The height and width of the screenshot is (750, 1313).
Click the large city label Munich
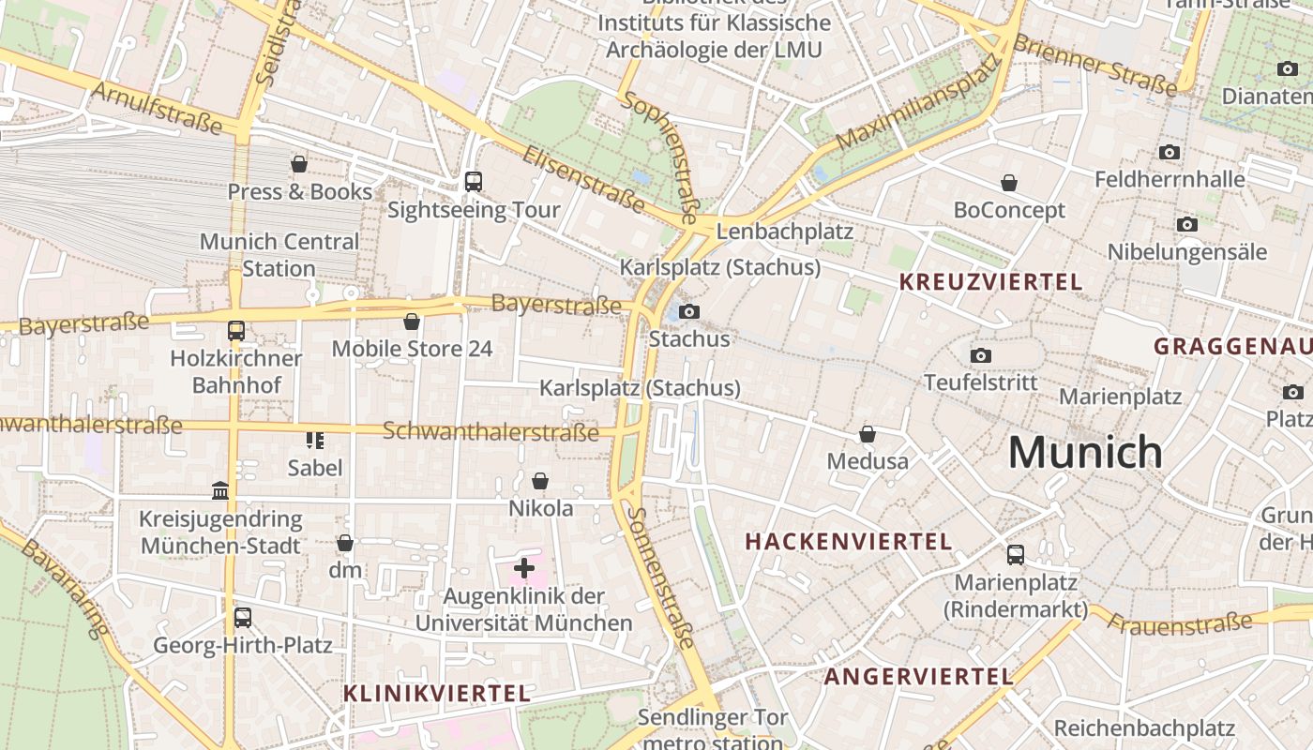pyautogui.click(x=1085, y=453)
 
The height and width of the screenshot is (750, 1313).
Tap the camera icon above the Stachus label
pyautogui.click(x=689, y=311)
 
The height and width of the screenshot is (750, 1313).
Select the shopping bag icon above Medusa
pyautogui.click(x=868, y=434)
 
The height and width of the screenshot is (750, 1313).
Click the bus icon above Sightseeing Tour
pyautogui.click(x=474, y=182)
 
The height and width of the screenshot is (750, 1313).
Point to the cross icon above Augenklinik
pyautogui.click(x=524, y=567)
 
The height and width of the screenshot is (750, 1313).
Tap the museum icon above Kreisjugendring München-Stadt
pyautogui.click(x=220, y=490)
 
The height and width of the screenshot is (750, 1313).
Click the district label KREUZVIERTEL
pyautogui.click(x=990, y=281)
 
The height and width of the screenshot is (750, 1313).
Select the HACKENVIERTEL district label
pyautogui.click(x=848, y=541)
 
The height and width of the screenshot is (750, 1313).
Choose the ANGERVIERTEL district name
pyautogui.click(x=918, y=676)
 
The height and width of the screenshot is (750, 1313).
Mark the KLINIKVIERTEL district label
pyautogui.click(x=437, y=694)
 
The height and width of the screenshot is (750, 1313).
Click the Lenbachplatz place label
pyautogui.click(x=784, y=231)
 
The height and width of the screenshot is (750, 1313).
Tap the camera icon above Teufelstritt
pyautogui.click(x=981, y=355)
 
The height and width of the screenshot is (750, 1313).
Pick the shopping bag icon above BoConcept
pyautogui.click(x=1009, y=183)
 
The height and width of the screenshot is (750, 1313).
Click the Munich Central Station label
pyautogui.click(x=279, y=255)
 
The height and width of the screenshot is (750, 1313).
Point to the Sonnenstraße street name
pyautogui.click(x=663, y=577)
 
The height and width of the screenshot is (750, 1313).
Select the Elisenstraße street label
pyautogui.click(x=582, y=178)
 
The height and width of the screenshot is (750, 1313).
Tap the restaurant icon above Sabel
pyautogui.click(x=314, y=440)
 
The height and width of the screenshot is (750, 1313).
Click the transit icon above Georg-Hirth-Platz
pyautogui.click(x=243, y=618)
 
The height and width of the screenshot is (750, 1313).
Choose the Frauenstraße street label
pyautogui.click(x=1180, y=622)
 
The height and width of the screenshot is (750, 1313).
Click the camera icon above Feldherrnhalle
pyautogui.click(x=1169, y=152)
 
